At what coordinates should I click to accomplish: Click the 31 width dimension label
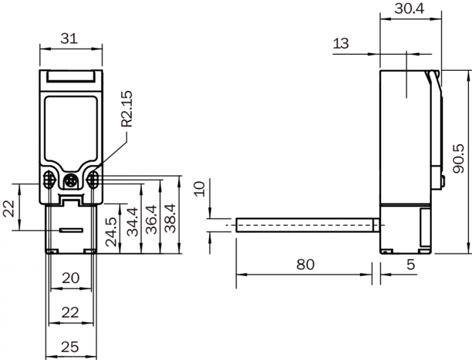69,38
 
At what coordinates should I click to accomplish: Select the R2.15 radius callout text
126,109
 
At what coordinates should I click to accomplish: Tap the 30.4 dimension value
409,9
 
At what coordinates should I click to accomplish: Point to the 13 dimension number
341,43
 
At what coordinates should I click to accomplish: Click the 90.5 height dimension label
459,159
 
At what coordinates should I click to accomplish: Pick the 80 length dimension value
306,264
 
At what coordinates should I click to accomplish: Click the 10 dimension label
199,189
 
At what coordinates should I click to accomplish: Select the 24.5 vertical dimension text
111,232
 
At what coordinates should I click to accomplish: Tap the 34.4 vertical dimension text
132,221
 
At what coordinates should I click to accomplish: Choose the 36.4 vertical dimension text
151,220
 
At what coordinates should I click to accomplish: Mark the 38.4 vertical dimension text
170,218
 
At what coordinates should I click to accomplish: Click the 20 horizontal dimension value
71,278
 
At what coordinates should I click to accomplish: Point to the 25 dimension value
70,347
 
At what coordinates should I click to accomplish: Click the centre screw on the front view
71,181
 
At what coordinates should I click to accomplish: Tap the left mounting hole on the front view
49,179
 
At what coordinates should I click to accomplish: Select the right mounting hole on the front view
93,179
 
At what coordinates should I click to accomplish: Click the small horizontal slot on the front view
71,230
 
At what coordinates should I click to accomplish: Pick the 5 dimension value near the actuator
411,264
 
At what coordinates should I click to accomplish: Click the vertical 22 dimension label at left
9,208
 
